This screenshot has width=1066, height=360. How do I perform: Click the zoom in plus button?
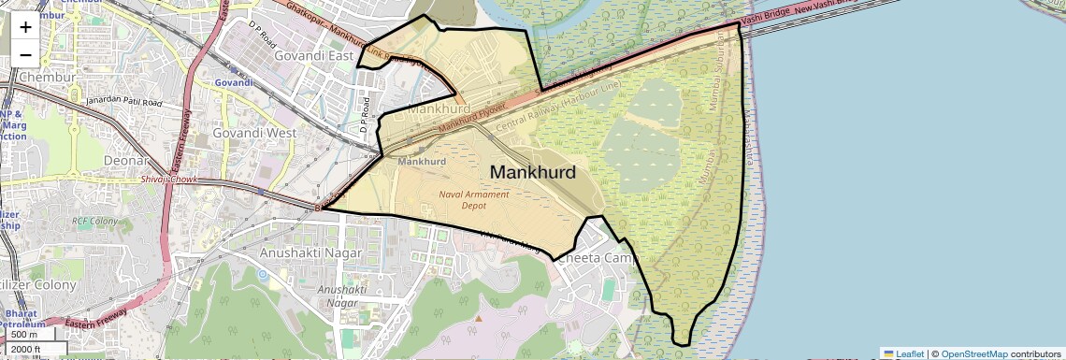[25, 26]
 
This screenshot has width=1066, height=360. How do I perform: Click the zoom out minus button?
[25, 54]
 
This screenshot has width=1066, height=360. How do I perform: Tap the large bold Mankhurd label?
[532, 172]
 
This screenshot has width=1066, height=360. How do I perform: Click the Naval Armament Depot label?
[473, 199]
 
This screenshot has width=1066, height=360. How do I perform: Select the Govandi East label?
[314, 56]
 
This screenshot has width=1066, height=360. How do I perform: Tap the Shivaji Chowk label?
[172, 179]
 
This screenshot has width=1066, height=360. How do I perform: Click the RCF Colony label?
[94, 222]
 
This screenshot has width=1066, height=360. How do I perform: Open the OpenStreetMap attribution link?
[973, 354]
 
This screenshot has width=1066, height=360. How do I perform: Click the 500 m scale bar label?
[24, 335]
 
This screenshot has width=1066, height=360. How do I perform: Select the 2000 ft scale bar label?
[27, 350]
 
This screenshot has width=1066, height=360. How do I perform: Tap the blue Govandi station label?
[234, 82]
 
